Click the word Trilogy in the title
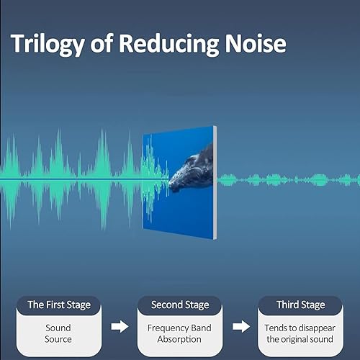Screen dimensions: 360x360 (48, 45)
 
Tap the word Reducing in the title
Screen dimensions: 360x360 (168, 45)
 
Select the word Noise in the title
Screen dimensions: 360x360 (256, 43)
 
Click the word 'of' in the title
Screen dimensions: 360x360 (102, 42)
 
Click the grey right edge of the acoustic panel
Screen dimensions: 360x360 (215, 182)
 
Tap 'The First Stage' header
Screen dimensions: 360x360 (59, 305)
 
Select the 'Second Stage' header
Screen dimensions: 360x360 (180, 305)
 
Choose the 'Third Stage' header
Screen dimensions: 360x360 (301, 305)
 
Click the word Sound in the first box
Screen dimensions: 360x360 (58, 328)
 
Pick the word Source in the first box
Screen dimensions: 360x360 (58, 339)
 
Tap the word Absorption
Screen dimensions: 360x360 (179, 340)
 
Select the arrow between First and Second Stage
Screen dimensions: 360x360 (120, 326)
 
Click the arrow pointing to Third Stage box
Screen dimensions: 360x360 (241, 326)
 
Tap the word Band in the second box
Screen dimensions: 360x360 (199, 328)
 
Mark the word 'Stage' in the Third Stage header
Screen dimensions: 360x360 (313, 305)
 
